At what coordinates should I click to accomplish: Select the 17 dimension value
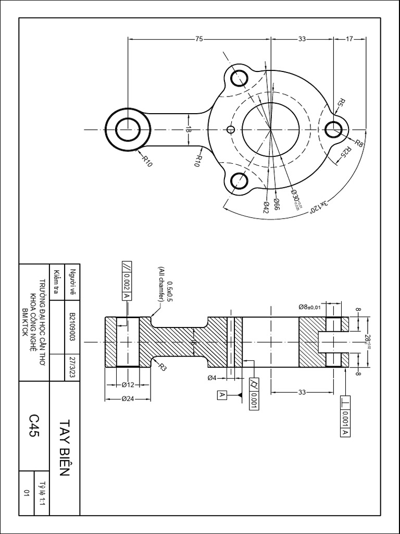pos(349,38)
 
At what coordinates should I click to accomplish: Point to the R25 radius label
pos(346,153)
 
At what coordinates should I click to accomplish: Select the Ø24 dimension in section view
pos(128,399)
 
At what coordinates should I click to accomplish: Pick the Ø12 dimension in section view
pos(128,385)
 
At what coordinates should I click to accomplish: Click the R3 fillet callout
pos(162,367)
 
